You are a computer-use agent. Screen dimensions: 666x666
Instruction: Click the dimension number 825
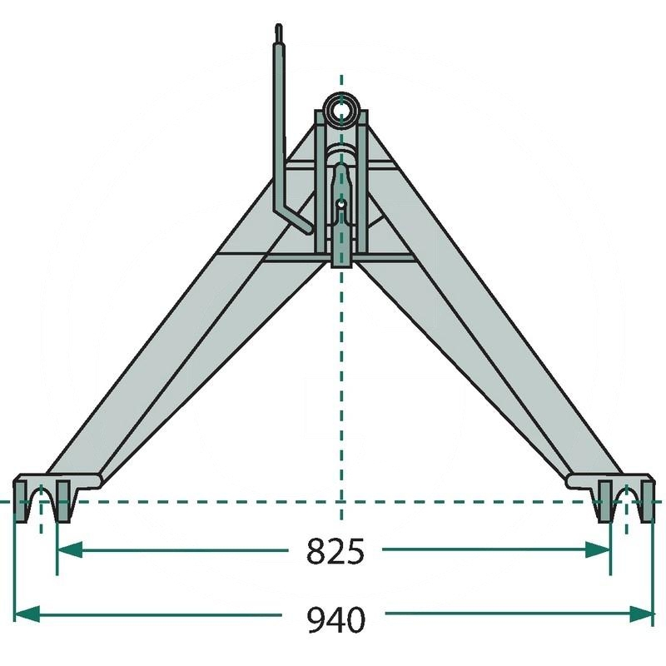click(x=335, y=551)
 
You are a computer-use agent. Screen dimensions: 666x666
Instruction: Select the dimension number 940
click(x=335, y=619)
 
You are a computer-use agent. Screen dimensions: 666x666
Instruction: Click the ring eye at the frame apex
click(x=340, y=108)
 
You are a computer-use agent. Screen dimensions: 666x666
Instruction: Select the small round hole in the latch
click(x=340, y=203)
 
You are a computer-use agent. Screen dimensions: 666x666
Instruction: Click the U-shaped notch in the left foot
click(x=42, y=504)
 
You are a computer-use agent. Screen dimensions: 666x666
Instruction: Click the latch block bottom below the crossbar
click(x=341, y=258)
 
